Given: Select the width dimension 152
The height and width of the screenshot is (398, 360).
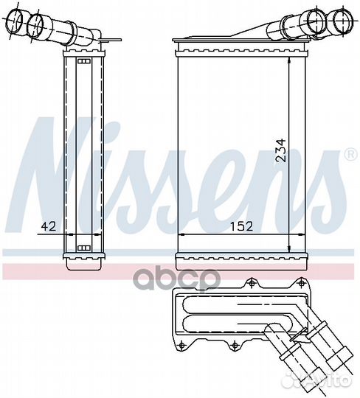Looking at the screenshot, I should coord(240,227).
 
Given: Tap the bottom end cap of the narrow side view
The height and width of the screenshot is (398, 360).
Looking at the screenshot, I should coord(83,260).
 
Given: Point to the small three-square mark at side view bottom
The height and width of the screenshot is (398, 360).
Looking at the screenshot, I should coord(83,247).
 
